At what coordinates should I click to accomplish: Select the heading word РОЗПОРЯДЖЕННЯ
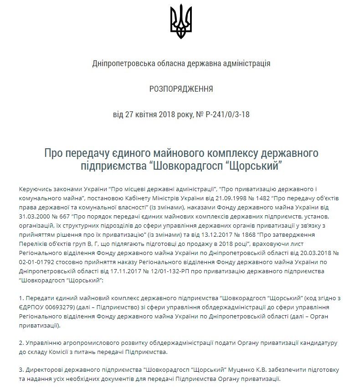[181, 88]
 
